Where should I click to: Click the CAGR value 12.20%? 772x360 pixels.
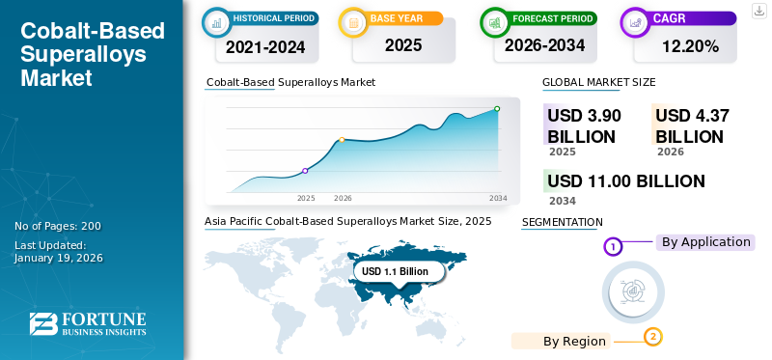(690, 45)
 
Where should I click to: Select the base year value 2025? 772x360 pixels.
(403, 45)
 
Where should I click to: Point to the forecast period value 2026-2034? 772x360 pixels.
(544, 45)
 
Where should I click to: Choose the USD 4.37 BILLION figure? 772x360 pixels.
(691, 125)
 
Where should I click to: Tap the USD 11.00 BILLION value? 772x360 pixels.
(625, 180)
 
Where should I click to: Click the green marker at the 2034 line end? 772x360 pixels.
(497, 109)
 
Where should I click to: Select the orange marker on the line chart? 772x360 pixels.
(342, 140)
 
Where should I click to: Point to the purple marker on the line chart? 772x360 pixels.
(305, 171)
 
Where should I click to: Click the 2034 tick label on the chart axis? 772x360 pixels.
(498, 198)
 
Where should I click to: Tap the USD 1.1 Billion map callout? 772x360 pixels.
(395, 272)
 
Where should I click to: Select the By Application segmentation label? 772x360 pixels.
(705, 242)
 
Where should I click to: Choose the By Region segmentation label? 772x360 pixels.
(574, 341)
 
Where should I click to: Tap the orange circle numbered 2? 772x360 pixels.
(653, 337)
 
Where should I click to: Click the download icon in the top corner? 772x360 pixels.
(758, 10)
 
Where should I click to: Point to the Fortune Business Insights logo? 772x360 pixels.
(88, 324)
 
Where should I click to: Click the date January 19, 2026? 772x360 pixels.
(59, 258)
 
